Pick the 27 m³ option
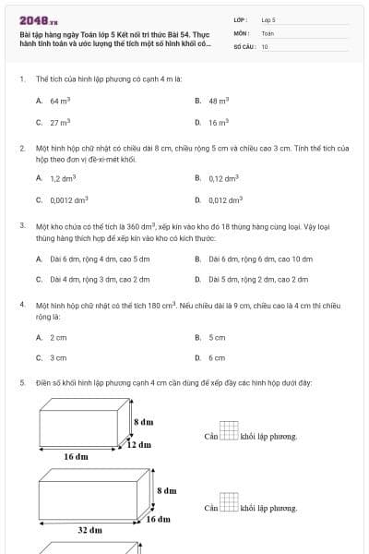60,122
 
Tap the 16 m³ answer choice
219,122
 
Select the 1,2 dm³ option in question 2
62,177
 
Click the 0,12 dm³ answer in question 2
223,177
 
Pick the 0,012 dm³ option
225,199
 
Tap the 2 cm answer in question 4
58,338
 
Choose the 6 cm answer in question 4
217,357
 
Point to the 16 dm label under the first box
76,456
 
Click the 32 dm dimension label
89,530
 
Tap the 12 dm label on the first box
138,445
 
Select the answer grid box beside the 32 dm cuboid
229,503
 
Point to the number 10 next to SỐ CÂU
265,46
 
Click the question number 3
21,224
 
